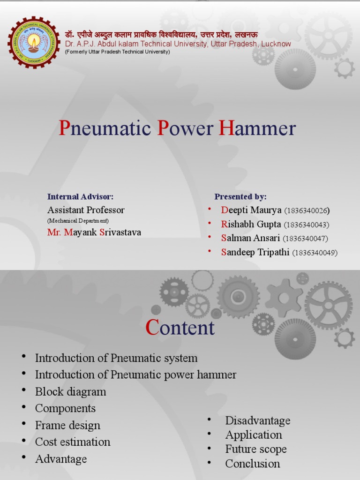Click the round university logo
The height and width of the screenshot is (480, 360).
[33, 43]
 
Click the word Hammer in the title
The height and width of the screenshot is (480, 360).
[258, 128]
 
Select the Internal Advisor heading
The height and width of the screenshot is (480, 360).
[80, 196]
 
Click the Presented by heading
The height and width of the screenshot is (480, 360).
[240, 196]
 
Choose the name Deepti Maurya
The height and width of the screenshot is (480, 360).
[251, 210]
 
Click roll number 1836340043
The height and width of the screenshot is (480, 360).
[307, 225]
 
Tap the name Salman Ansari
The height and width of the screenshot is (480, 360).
[251, 238]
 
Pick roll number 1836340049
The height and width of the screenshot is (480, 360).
[315, 253]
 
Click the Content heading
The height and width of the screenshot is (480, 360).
[180, 328]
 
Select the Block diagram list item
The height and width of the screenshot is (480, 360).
[70, 391]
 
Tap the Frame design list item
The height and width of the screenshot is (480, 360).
[67, 425]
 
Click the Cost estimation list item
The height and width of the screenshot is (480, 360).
[73, 442]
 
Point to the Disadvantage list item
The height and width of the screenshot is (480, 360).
[257, 420]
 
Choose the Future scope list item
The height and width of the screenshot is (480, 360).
[255, 449]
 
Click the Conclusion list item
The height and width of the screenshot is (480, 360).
[252, 464]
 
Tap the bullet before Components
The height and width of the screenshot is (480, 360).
[23, 407]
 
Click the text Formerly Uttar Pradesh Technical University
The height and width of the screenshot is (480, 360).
[117, 52]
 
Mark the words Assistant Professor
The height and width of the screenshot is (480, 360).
[86, 210]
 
